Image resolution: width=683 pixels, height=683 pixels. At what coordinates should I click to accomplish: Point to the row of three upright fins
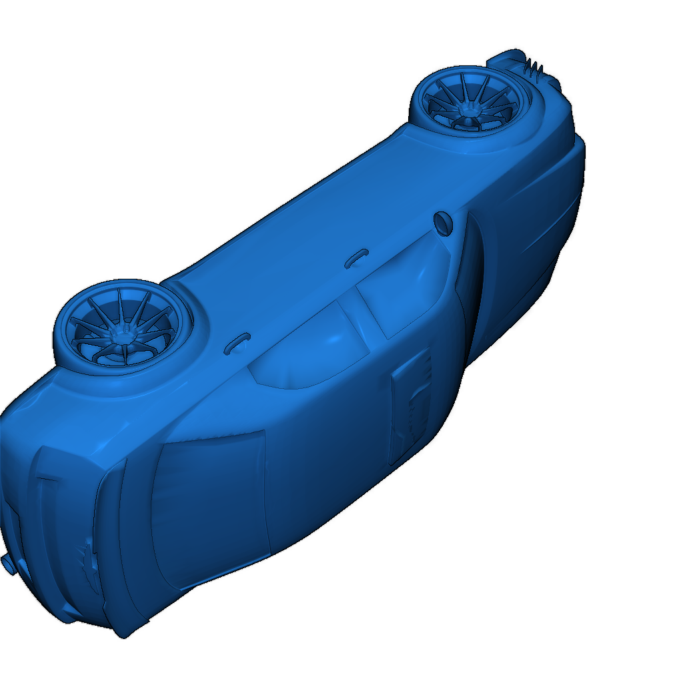pyautogui.click(x=534, y=66)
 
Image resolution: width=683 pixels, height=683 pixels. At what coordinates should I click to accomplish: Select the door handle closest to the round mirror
pyautogui.click(x=357, y=257)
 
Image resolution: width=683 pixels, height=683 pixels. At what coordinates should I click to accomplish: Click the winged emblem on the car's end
pyautogui.click(x=89, y=560)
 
